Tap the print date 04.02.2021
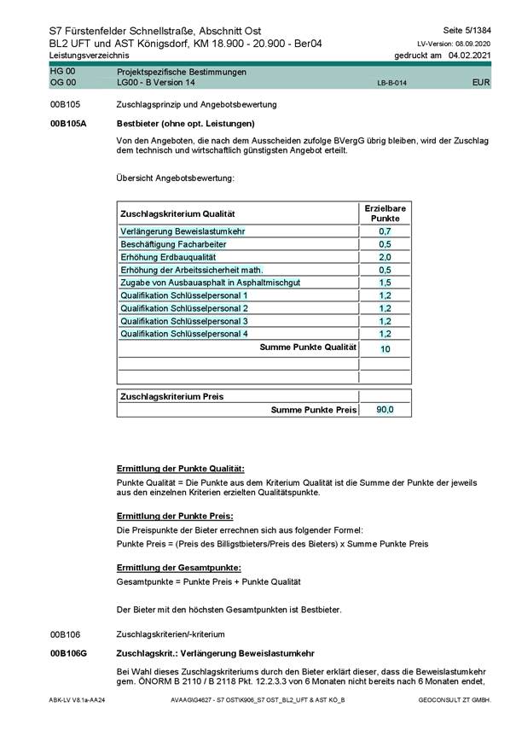coord(470,55)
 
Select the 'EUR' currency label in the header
coord(481,85)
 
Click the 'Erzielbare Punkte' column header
coord(385,213)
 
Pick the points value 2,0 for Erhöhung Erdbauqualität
coord(385,257)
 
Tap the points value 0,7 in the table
coord(385,231)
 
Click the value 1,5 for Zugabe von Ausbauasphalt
coord(385,283)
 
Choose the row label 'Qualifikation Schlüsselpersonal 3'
coord(185,321)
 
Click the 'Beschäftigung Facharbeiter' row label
coord(166,244)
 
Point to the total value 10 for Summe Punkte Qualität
coord(386,349)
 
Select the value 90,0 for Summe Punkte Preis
coord(386,411)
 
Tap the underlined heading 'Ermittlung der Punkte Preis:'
coord(174,517)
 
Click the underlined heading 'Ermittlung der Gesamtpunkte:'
coord(179,568)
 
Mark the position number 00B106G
coord(69,652)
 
